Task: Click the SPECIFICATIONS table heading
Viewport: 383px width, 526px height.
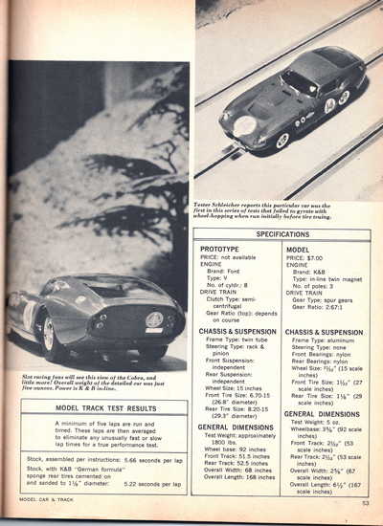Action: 288,233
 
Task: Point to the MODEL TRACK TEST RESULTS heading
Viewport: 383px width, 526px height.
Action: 105,408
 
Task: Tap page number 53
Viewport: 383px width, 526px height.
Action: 365,519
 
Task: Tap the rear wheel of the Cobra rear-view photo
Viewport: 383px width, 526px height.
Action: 47,334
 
